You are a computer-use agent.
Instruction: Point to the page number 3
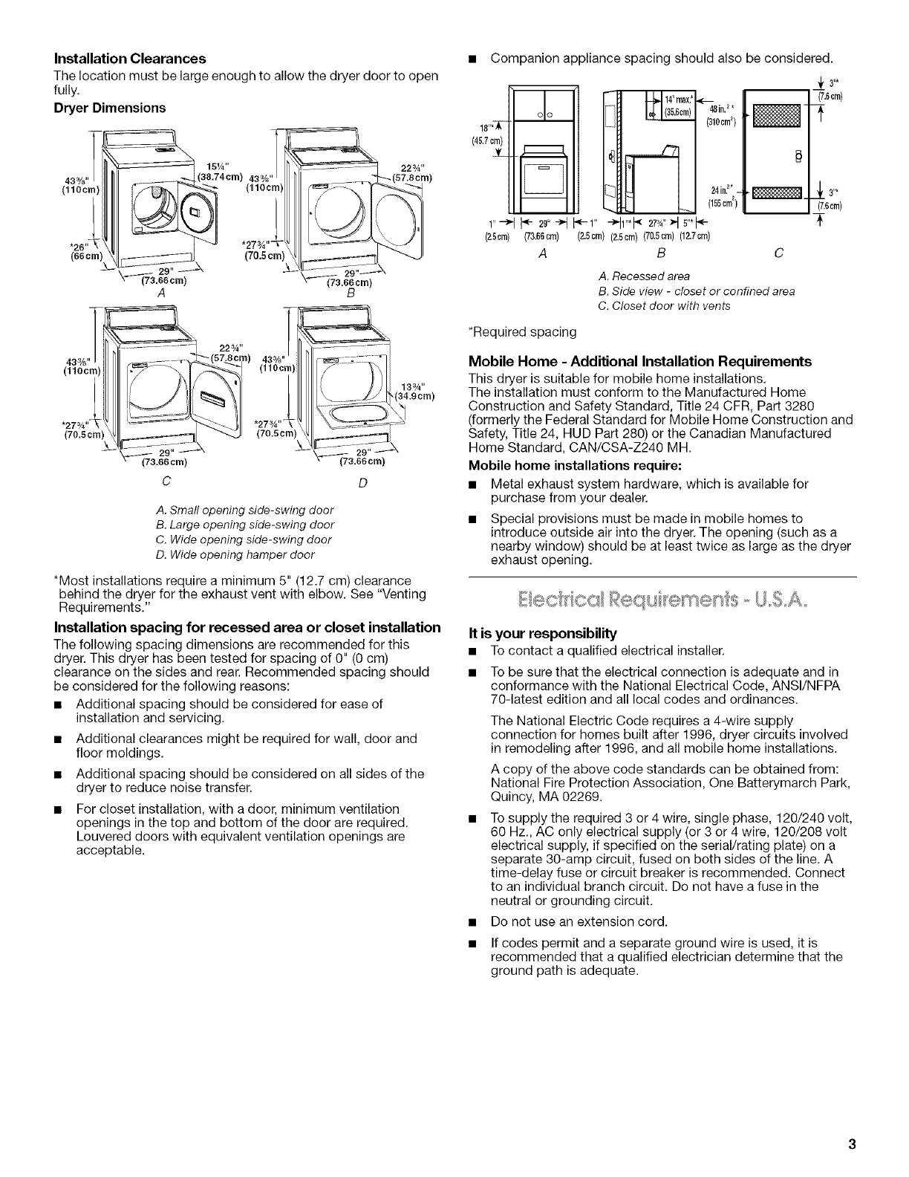click(x=854, y=1144)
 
